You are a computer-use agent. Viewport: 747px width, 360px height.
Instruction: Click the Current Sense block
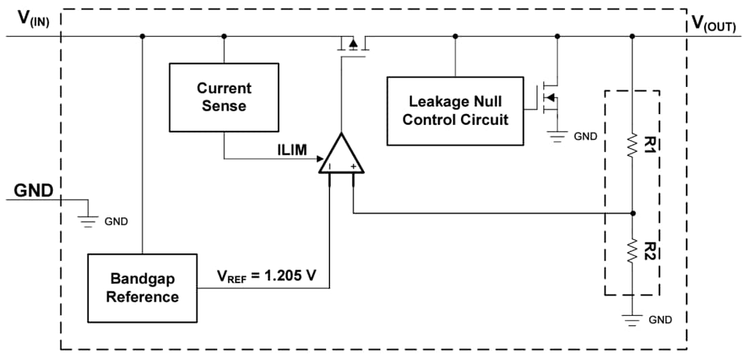(x=223, y=97)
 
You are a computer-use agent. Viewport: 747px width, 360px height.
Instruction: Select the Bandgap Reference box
(x=142, y=288)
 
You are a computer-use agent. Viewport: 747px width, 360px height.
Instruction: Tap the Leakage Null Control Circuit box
(x=455, y=111)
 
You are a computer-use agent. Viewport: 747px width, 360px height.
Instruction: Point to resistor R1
(x=632, y=145)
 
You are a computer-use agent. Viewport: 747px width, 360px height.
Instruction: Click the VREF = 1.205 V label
(x=264, y=276)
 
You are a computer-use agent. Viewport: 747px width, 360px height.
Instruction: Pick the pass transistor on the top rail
(x=352, y=44)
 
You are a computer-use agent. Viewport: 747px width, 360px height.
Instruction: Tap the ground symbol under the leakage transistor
(x=557, y=136)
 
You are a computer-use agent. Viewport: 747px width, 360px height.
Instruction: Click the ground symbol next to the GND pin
(x=88, y=220)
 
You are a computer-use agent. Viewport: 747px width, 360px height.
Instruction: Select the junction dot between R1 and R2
(x=632, y=213)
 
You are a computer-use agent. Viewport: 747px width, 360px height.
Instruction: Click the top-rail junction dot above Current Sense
(x=224, y=36)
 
